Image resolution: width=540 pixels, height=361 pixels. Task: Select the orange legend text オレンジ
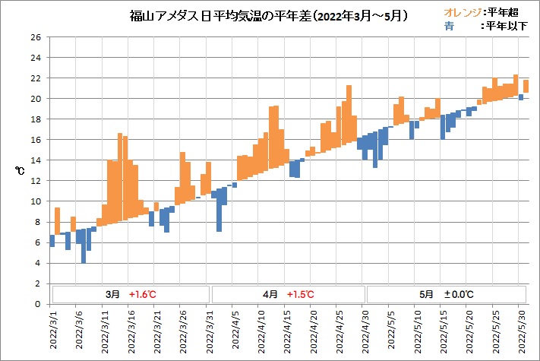pos(462,12)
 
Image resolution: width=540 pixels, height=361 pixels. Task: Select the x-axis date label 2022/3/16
pos(131,331)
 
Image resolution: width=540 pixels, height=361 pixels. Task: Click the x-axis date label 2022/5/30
pos(521,331)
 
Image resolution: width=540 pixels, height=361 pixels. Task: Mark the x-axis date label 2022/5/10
pos(417,331)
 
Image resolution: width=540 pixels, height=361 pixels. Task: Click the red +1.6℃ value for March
pos(142,294)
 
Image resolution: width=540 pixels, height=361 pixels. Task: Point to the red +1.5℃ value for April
pos(301,294)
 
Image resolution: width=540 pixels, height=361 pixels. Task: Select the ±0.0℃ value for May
pos(459,294)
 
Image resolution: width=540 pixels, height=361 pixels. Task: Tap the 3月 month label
pos(112,294)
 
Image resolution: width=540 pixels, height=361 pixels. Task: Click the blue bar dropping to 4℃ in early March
pos(84,243)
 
